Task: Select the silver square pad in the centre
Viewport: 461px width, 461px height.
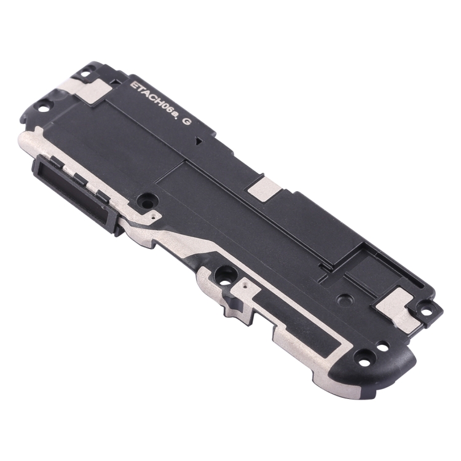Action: [264, 189]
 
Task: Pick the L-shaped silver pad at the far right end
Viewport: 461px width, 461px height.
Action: [398, 307]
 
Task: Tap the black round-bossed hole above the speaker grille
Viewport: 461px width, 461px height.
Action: [146, 202]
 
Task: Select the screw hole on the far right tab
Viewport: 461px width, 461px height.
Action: [427, 310]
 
